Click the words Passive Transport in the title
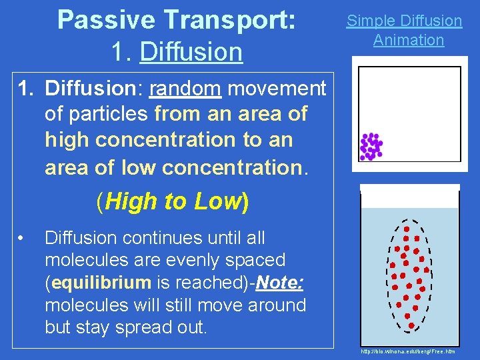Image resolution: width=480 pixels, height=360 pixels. tap(177, 19)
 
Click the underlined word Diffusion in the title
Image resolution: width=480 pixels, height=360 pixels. tap(191, 51)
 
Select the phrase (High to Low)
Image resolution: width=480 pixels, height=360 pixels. tap(173, 201)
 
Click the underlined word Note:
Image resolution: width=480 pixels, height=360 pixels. tap(279, 283)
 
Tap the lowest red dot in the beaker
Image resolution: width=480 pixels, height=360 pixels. tap(411, 325)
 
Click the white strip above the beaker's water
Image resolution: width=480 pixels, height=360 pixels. tap(409, 196)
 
